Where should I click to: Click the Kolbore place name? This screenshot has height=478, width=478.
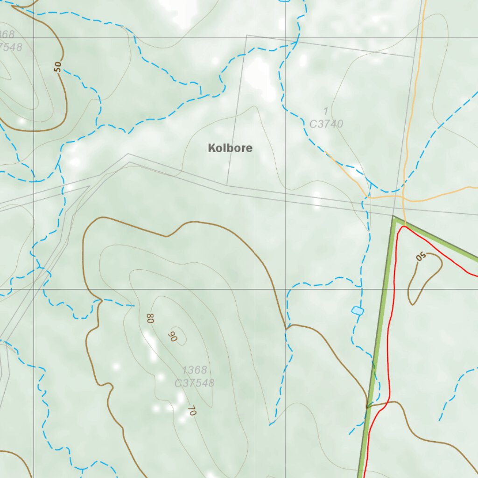point(230,148)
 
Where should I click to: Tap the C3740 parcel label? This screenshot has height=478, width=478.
point(326,124)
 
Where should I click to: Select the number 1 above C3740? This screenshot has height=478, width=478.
point(325,111)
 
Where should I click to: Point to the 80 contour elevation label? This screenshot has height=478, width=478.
point(150,319)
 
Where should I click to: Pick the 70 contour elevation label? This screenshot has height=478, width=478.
point(191,411)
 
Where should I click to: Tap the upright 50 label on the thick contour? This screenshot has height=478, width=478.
point(57,67)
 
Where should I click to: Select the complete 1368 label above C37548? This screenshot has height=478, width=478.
point(194,370)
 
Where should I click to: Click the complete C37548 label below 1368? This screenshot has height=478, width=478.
point(194,383)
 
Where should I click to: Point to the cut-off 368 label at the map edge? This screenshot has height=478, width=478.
point(7,35)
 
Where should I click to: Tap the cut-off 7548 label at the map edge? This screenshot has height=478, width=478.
point(10,47)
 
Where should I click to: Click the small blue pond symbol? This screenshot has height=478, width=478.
point(357,311)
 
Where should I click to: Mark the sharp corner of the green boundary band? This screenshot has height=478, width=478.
point(394,218)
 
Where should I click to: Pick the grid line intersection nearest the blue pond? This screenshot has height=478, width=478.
point(285,289)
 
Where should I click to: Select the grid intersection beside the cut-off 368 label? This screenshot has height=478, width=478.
point(34,38)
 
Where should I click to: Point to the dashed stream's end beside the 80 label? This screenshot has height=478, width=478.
point(134,306)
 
